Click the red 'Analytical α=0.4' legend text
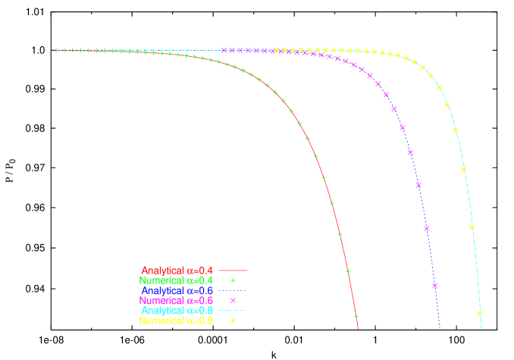[x=177, y=271]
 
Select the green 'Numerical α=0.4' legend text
[x=177, y=280]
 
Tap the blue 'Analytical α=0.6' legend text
[x=177, y=290]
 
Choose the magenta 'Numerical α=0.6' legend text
[x=177, y=301]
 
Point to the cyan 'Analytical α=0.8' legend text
[x=177, y=311]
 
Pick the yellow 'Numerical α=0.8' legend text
[x=177, y=321]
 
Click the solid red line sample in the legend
[x=233, y=271]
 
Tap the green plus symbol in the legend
[x=233, y=280]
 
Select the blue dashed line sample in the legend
[x=233, y=290]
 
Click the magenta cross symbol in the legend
[x=233, y=301]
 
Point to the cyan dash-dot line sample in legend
[x=233, y=311]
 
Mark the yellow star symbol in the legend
[x=233, y=321]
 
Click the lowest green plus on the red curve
[x=356, y=316]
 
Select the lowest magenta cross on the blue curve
[x=435, y=286]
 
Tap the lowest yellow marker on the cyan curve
[x=479, y=313]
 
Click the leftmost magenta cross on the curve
[x=224, y=51]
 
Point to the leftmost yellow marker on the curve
[x=277, y=50]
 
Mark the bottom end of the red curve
[x=358, y=330]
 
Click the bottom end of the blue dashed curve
[x=440, y=329]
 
